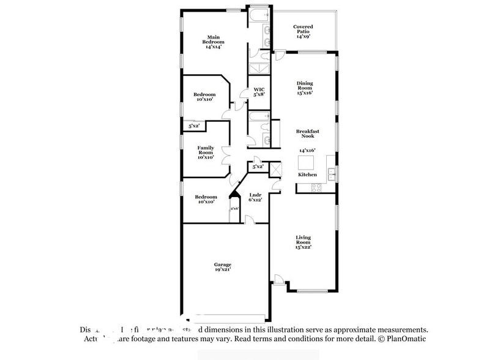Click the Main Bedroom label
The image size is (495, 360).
pos(212,41)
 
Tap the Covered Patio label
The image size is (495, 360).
pos(303,31)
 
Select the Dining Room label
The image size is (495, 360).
pos(305,88)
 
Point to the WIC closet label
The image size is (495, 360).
pos(259,91)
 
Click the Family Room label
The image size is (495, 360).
pos(205,152)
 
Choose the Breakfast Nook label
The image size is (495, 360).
pos(308,133)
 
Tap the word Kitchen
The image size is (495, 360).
pos(308,174)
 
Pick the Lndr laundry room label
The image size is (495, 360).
pos(255,197)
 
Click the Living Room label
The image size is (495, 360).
pos(304,242)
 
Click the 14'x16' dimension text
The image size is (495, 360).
pos(308,150)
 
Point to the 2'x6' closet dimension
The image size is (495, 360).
pos(234,209)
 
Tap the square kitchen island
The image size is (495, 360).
pos(306,163)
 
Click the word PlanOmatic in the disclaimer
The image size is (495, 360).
pos(404,339)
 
